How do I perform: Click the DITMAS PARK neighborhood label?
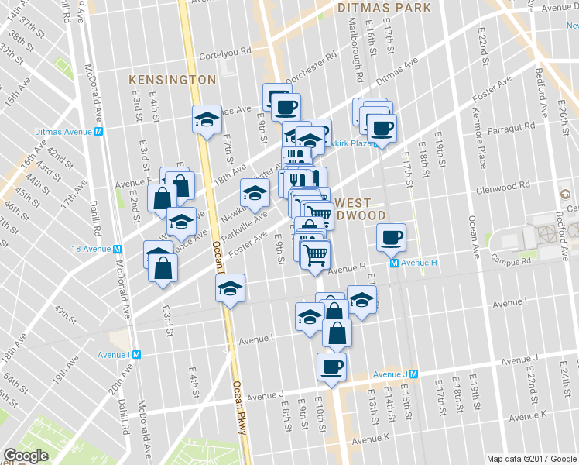(x=384, y=8)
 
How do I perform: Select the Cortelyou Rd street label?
(x=225, y=51)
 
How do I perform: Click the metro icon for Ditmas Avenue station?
(x=99, y=131)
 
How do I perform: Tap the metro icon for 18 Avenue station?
(x=117, y=249)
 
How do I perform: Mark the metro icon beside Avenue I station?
(x=136, y=355)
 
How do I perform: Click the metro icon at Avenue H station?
(x=394, y=263)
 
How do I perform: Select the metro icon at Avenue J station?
(x=413, y=374)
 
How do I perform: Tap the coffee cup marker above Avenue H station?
(x=391, y=236)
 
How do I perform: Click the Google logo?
(x=26, y=456)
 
